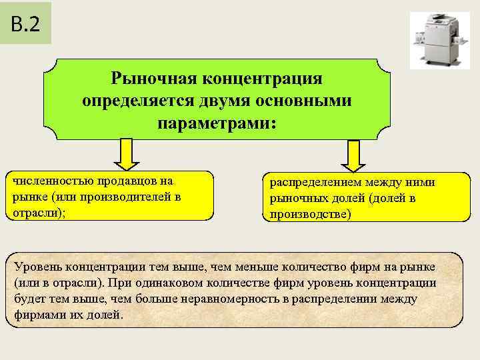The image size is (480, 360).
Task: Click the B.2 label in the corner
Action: click(x=25, y=24)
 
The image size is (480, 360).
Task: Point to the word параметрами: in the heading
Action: click(x=216, y=123)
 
